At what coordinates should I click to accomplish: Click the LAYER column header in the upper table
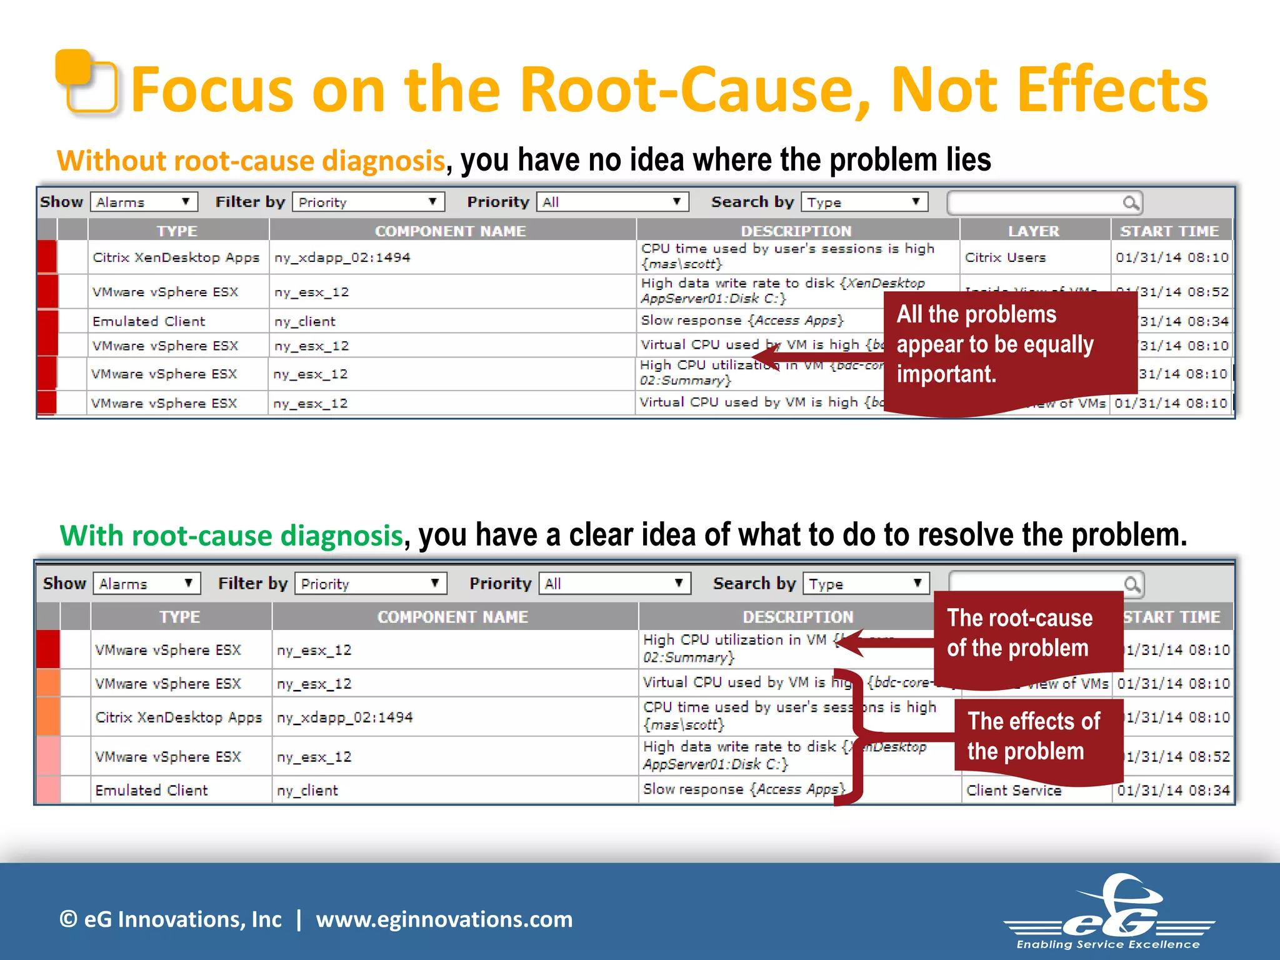pos(1033,231)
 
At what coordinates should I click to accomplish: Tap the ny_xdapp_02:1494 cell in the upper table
pos(342,257)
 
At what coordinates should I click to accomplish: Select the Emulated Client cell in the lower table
pos(151,790)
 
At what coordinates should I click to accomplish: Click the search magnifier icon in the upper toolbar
pos(1130,203)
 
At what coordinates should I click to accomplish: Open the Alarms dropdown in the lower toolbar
pos(146,584)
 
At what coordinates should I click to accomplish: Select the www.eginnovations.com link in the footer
pos(444,919)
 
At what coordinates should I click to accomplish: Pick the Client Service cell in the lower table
pos(1013,791)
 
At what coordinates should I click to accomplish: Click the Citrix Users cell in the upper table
pos(1005,257)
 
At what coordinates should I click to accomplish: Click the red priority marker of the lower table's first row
pos(48,649)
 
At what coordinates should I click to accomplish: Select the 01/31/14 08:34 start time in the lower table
pos(1173,790)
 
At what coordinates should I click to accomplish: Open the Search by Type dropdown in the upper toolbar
pos(864,202)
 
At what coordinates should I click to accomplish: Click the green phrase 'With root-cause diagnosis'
pos(231,536)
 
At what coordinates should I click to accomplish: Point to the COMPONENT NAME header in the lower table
pos(452,617)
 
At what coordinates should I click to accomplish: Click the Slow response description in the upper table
pos(742,321)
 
